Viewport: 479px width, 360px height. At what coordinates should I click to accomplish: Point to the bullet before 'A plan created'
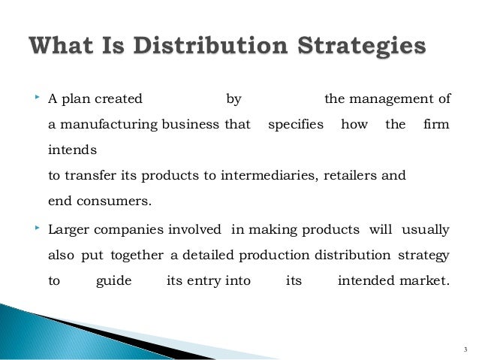click(35, 98)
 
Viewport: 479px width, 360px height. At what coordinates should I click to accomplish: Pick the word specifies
click(296, 124)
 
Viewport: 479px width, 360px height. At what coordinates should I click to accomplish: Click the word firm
click(436, 124)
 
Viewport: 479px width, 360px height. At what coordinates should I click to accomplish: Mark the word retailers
click(353, 175)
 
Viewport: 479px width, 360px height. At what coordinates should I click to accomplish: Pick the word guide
click(115, 281)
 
